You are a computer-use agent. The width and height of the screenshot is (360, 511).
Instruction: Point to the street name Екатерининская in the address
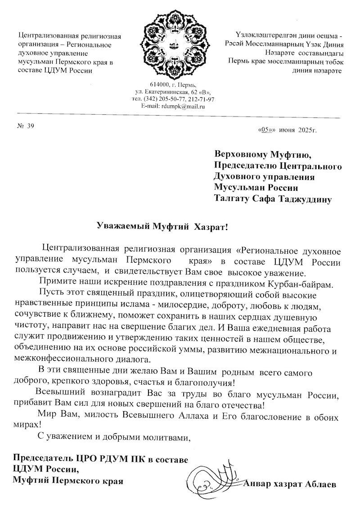click(169, 92)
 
